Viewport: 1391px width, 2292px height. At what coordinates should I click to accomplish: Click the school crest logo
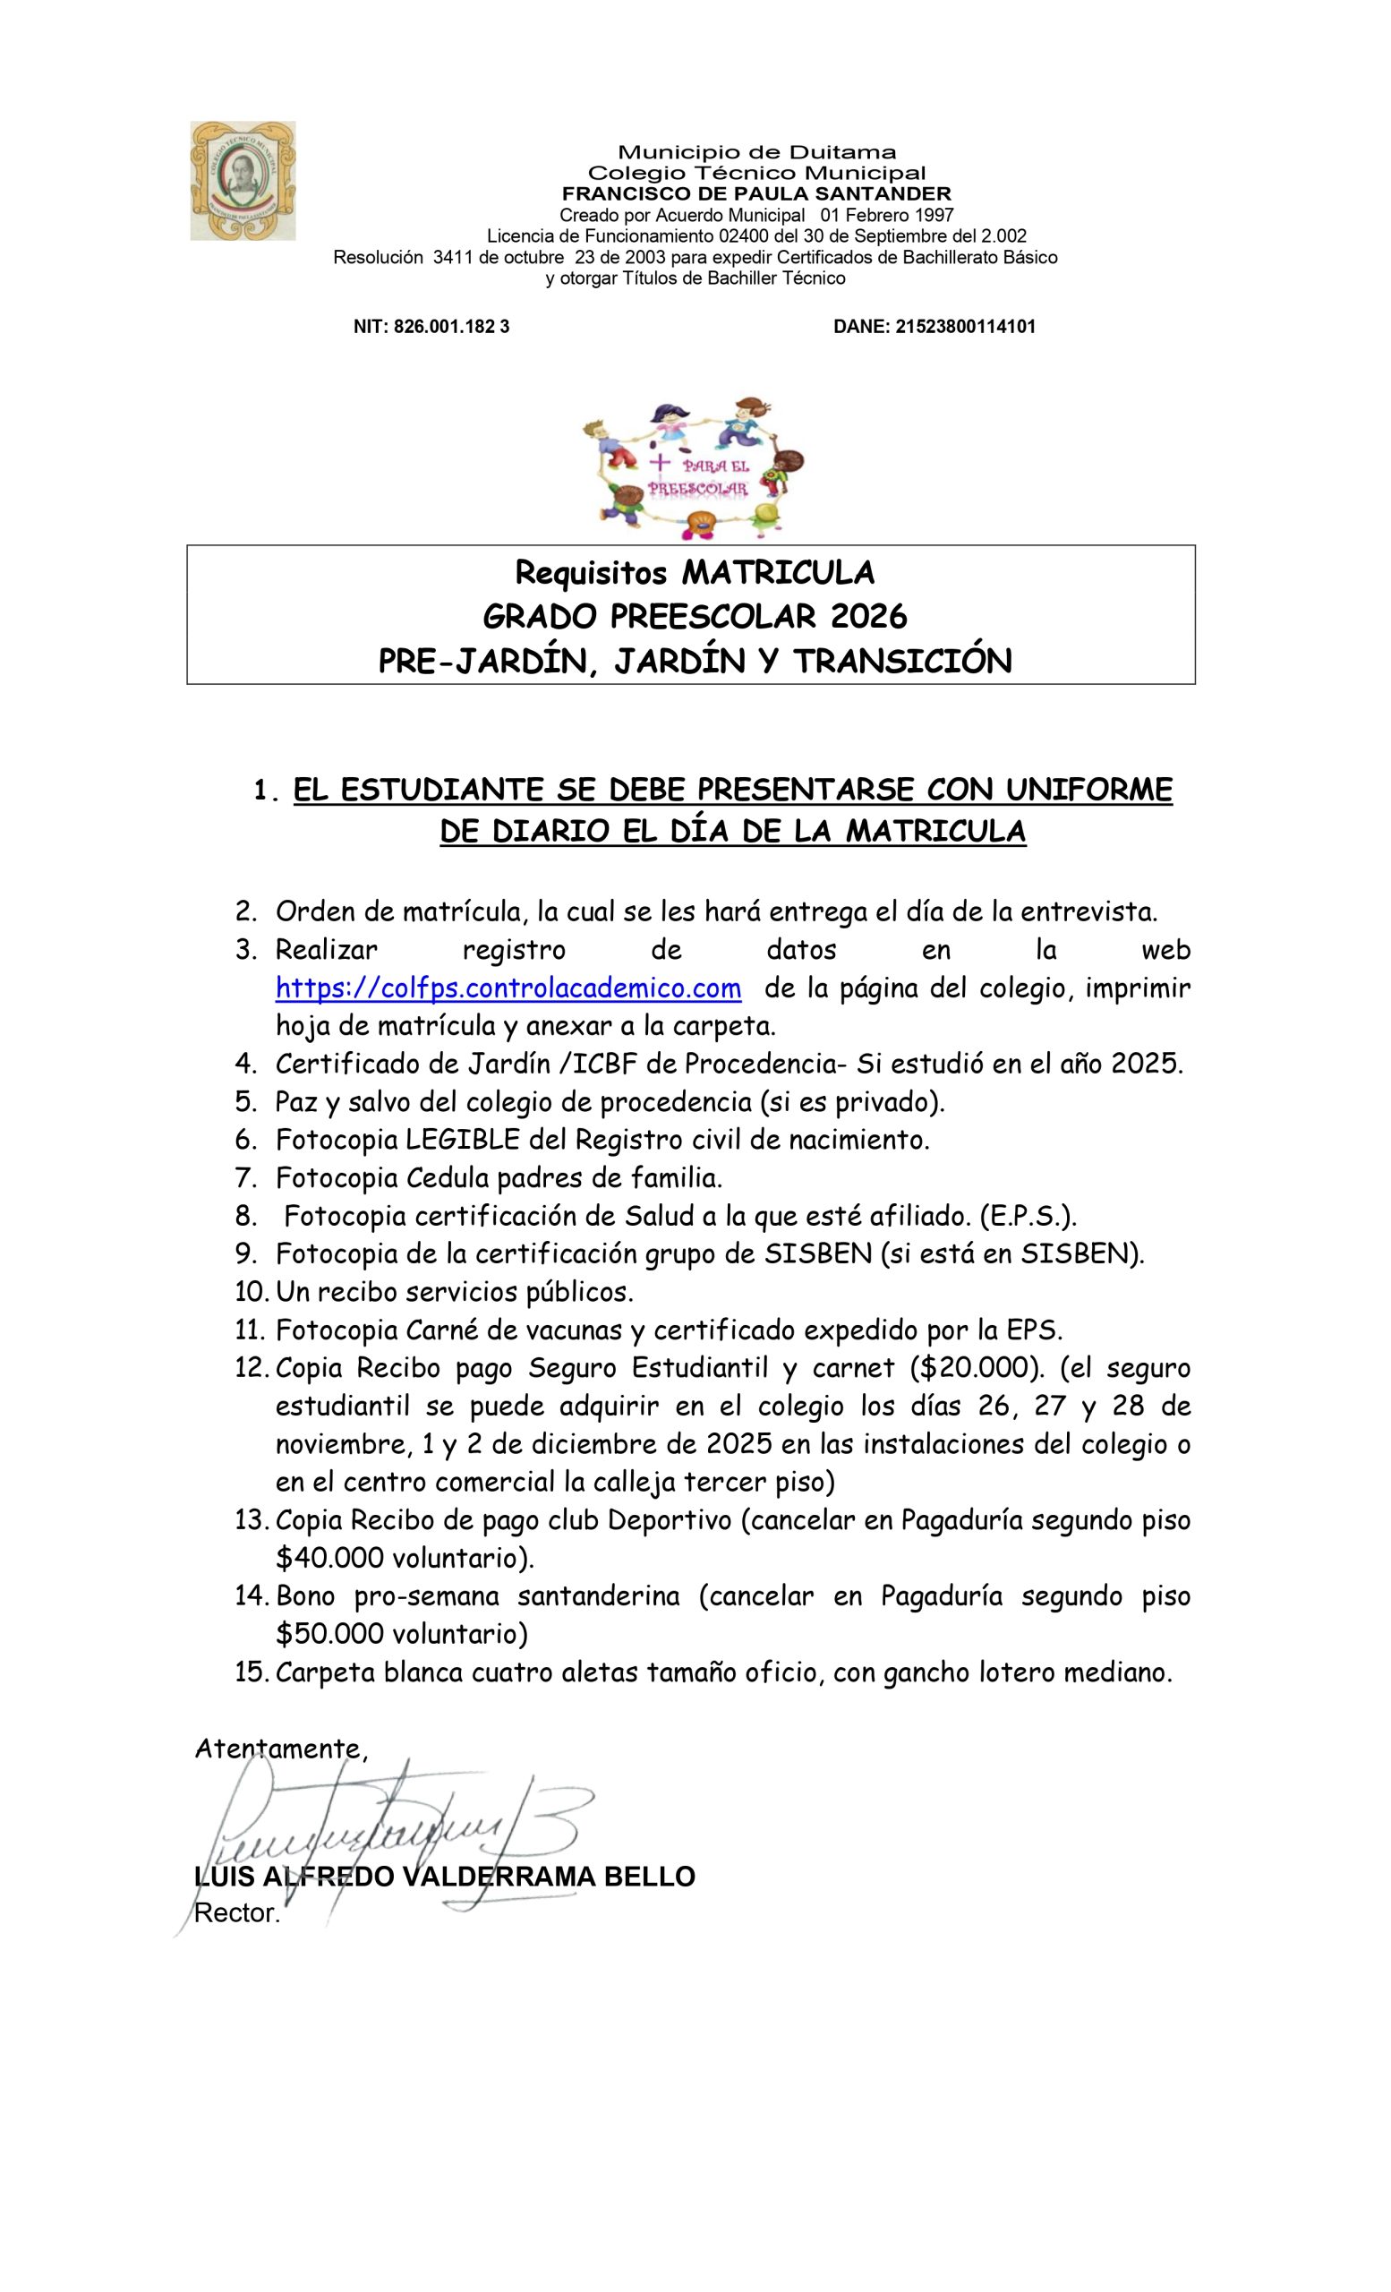point(243,181)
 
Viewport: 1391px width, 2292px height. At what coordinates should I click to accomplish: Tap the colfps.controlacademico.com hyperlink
point(508,988)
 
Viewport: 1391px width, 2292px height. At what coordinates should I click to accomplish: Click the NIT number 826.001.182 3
point(452,327)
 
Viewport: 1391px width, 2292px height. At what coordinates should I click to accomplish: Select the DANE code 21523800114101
point(964,327)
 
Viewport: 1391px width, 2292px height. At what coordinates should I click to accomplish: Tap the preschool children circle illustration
point(693,470)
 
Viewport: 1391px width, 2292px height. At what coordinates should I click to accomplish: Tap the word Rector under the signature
point(236,1914)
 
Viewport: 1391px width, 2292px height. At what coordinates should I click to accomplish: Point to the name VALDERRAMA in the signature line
point(500,1877)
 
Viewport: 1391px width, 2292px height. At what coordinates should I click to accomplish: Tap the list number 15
point(251,1672)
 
